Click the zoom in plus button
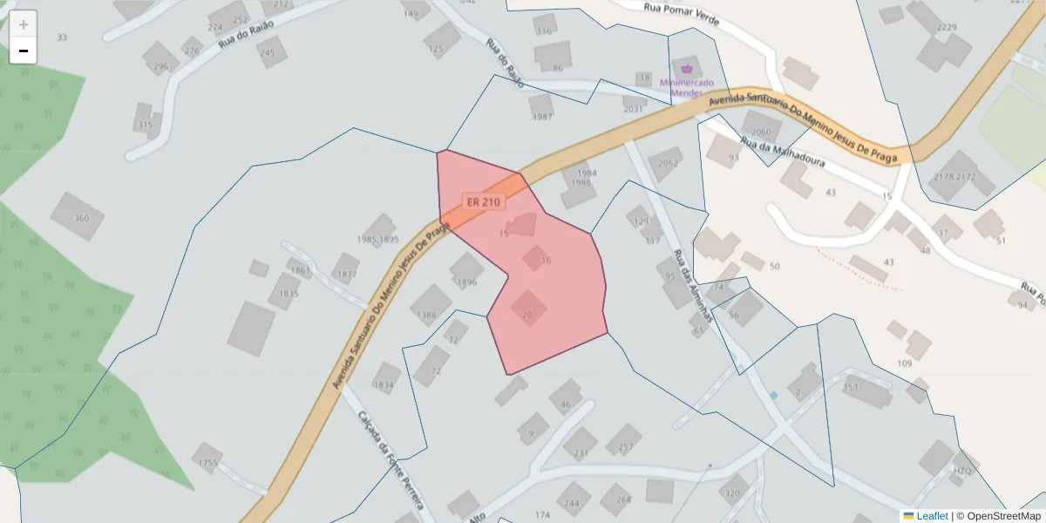[x=24, y=24]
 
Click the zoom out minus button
[x=24, y=51]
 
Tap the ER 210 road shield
[x=484, y=202]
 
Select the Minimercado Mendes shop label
[x=686, y=87]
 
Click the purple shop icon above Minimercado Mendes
[x=687, y=68]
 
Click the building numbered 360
[x=81, y=218]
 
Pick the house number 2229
[x=946, y=27]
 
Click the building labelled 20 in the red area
[x=526, y=315]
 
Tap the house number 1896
[x=467, y=282]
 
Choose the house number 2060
[x=761, y=132]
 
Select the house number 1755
[x=207, y=462]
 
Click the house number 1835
[x=283, y=294]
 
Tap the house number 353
[x=851, y=386]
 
